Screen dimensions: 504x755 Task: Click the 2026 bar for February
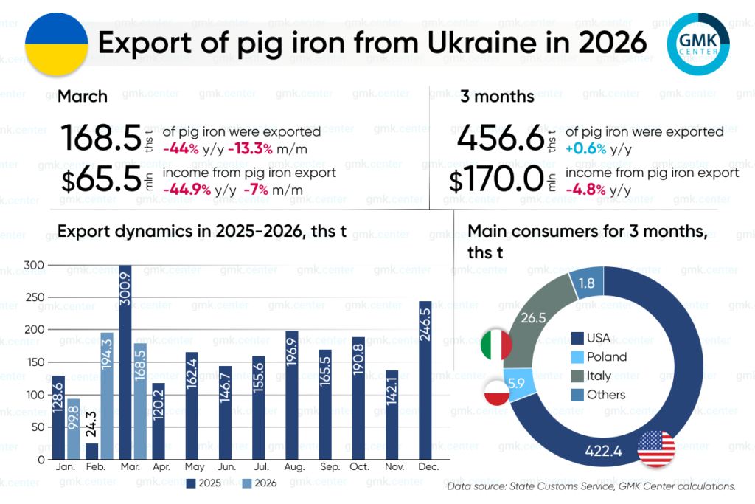point(107,396)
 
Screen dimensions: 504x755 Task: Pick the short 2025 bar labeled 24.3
point(91,450)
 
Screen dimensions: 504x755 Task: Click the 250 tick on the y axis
point(34,297)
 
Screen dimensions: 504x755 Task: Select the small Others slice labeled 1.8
point(587,283)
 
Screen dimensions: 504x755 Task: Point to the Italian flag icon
point(496,345)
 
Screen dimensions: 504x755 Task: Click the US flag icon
point(656,448)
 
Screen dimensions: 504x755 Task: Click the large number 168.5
point(100,137)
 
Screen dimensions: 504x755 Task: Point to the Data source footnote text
point(591,487)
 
